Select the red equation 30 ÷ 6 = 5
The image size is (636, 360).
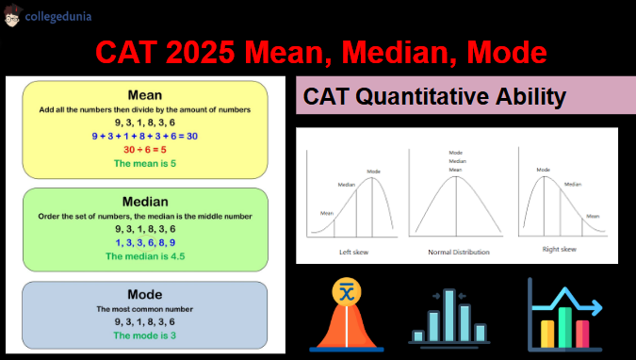pos(144,149)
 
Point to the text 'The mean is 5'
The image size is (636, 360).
pos(144,163)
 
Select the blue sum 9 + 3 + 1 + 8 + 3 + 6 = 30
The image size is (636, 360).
pos(144,136)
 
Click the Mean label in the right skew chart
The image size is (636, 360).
pos(592,216)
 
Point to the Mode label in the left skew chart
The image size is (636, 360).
pos(373,171)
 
